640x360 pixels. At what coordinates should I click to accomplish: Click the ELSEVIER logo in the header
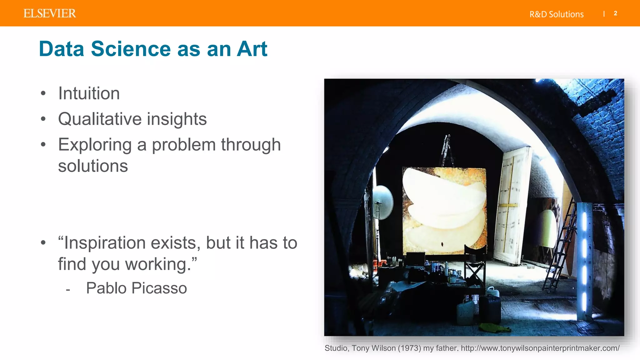pos(50,13)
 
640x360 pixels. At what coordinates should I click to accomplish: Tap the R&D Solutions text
pos(556,14)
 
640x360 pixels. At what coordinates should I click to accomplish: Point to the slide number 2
pos(615,13)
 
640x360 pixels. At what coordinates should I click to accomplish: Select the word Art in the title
pos(252,49)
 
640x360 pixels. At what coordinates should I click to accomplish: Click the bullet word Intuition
pos(89,93)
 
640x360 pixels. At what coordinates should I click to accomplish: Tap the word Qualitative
pos(100,119)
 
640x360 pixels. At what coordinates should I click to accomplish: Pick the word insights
pos(177,119)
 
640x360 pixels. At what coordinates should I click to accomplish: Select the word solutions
pos(93,166)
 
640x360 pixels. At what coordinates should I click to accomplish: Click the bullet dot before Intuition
pos(43,93)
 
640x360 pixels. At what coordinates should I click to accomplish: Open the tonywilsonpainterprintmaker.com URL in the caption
pos(540,348)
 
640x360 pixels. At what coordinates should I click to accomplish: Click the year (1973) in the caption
pos(409,348)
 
